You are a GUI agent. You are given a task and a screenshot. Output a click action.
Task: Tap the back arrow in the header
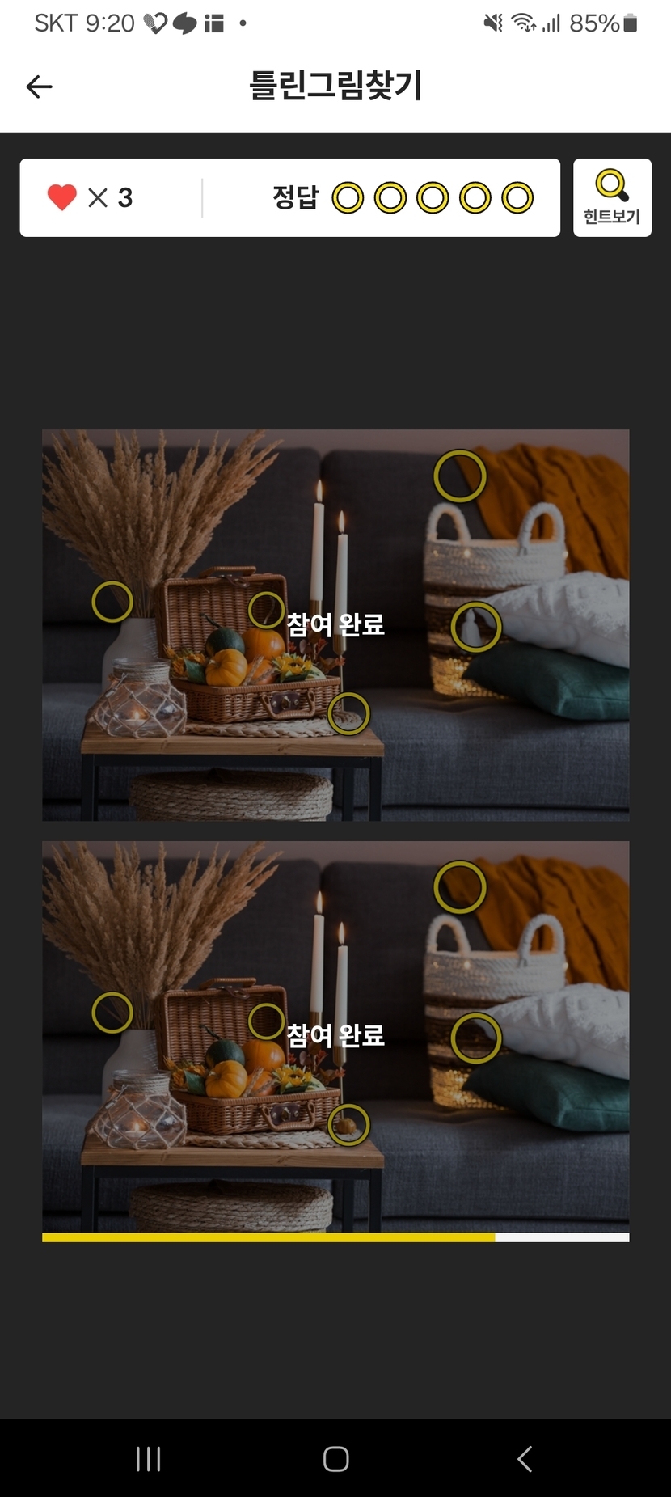coord(39,87)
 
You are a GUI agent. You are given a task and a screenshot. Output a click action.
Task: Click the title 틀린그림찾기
coord(335,86)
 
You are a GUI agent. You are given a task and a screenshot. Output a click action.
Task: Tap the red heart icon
coord(61,197)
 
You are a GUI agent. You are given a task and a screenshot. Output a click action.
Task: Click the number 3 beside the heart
coord(125,197)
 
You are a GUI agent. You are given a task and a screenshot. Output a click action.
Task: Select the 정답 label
coord(295,197)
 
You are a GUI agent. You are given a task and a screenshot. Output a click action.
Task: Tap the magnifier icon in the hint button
coord(612,185)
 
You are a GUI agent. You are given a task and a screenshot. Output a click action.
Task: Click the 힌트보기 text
coord(612,217)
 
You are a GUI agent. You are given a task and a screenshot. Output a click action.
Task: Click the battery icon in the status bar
coord(631,23)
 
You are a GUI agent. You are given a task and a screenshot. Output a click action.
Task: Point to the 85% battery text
coord(594,23)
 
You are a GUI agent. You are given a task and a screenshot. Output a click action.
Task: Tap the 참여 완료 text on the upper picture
coord(335,624)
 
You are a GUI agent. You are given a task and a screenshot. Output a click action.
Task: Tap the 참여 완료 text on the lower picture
coord(335,1034)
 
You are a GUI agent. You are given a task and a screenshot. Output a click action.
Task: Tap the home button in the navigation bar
coord(335,1459)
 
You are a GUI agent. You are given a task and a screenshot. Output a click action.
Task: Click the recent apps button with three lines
coord(149,1459)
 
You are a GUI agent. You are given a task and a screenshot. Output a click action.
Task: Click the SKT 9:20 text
coord(84,23)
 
